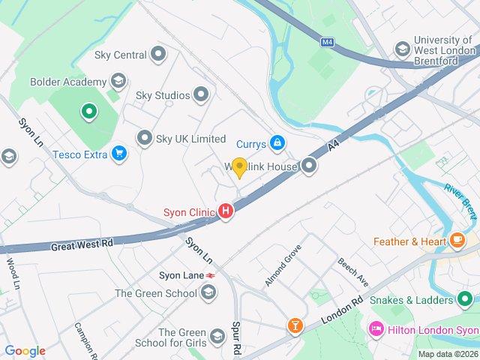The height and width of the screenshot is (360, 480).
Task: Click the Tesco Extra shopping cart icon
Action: pyautogui.click(x=118, y=154)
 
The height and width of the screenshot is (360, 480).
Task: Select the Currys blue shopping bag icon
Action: pyautogui.click(x=277, y=142)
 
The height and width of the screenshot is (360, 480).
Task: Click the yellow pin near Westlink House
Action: pyautogui.click(x=239, y=168)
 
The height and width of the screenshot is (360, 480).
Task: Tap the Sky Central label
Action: pyautogui.click(x=120, y=55)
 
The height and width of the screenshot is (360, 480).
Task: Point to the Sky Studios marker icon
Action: pyautogui.click(x=201, y=94)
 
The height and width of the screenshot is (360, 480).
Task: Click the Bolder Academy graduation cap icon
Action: pyautogui.click(x=118, y=80)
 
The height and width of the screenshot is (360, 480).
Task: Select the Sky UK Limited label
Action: pyautogui.click(x=190, y=139)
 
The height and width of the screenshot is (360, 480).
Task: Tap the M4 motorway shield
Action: pyautogui.click(x=326, y=42)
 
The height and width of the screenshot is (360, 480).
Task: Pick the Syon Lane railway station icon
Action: pyautogui.click(x=212, y=276)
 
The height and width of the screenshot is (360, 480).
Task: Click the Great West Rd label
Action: pyautogui.click(x=82, y=245)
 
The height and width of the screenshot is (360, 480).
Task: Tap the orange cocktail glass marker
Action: pyautogui.click(x=295, y=325)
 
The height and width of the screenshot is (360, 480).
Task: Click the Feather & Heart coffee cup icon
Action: pyautogui.click(x=457, y=241)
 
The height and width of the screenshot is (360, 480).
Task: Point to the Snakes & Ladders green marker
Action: pyautogui.click(x=465, y=300)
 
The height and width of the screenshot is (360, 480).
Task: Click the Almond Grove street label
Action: pyautogui.click(x=283, y=265)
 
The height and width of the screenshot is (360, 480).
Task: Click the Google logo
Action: pyautogui.click(x=25, y=351)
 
